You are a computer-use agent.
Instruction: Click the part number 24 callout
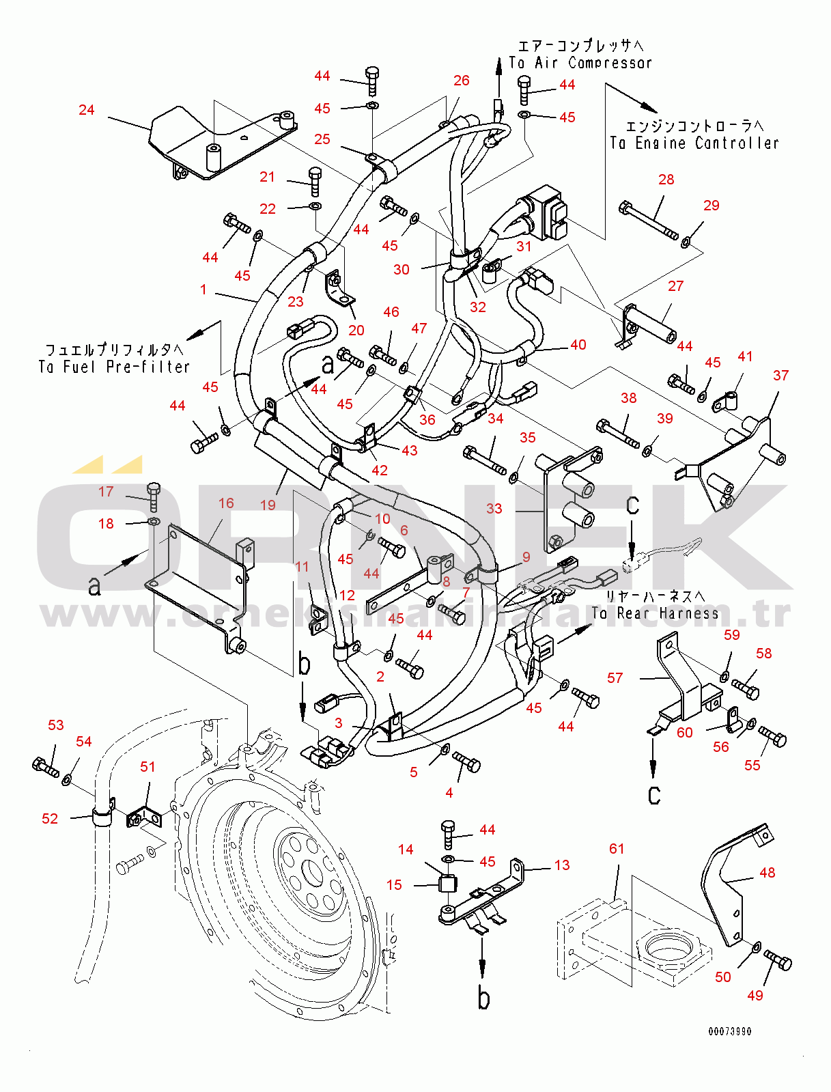click(87, 110)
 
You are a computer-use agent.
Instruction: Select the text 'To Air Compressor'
click(580, 63)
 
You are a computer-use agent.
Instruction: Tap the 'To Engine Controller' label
click(694, 143)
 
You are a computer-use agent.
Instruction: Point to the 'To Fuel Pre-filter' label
click(114, 367)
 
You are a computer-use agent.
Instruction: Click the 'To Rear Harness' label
click(655, 613)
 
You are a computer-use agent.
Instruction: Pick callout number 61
click(617, 848)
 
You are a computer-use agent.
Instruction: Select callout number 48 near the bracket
click(767, 872)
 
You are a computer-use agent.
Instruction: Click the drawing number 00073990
click(729, 1031)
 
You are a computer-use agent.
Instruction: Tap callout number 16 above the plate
click(226, 503)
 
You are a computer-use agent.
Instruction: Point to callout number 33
click(494, 508)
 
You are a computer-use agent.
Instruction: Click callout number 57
click(615, 677)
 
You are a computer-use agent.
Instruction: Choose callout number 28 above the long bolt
click(666, 179)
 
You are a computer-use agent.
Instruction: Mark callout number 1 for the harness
click(203, 290)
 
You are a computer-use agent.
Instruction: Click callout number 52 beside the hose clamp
click(50, 818)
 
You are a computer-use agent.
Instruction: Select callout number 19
click(268, 505)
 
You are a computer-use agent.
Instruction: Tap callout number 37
click(781, 375)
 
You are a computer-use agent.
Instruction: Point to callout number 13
click(562, 865)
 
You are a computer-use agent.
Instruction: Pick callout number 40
click(578, 345)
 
